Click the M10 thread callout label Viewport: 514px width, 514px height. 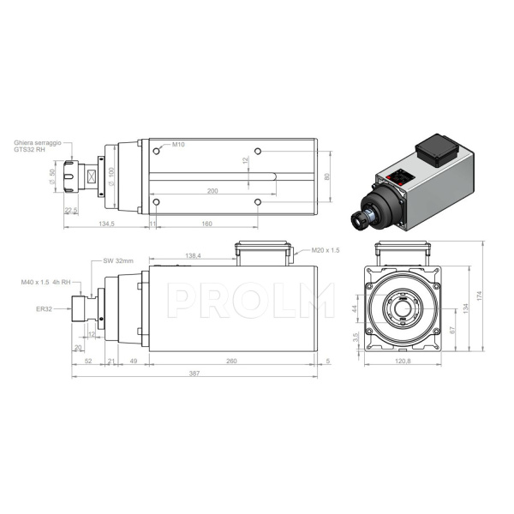click(179, 144)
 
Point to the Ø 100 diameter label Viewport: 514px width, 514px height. click(111, 176)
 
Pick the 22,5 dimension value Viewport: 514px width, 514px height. click(72, 209)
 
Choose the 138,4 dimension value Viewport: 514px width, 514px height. click(193, 255)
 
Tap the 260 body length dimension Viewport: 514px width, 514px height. click(231, 361)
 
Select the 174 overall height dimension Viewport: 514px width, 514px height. click(481, 295)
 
